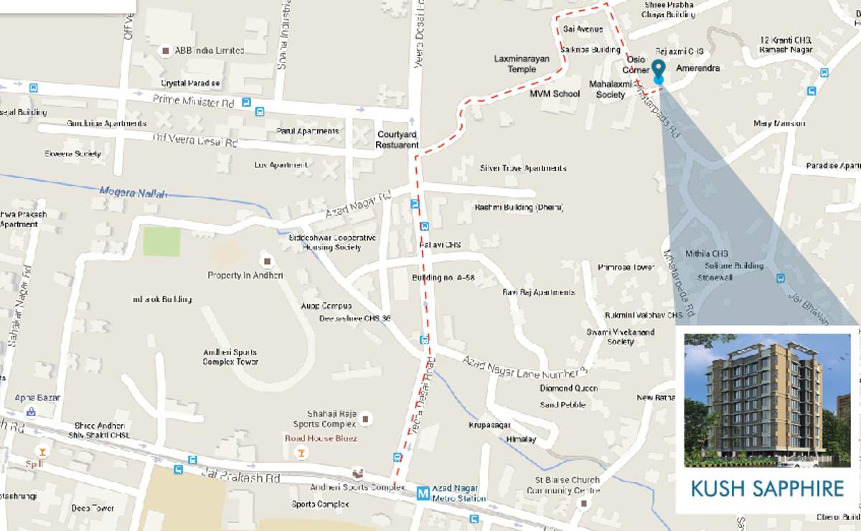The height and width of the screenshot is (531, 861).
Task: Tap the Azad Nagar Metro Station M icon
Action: click(423, 493)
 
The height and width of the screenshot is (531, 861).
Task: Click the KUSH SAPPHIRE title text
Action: click(767, 489)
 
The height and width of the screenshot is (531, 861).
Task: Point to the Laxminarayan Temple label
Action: click(522, 64)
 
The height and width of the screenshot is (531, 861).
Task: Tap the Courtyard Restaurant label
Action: click(397, 140)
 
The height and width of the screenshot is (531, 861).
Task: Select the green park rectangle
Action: click(161, 241)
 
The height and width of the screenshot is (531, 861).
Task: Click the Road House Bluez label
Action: click(321, 438)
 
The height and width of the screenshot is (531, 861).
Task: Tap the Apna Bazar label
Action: click(38, 398)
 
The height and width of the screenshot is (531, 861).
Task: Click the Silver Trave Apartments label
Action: click(523, 168)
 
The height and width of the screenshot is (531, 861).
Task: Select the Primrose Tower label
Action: click(626, 267)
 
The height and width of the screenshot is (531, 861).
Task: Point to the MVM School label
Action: click(555, 94)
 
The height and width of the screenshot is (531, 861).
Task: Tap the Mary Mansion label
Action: click(779, 123)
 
